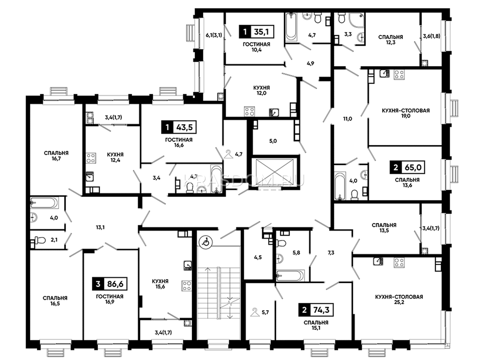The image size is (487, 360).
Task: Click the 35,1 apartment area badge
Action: [257, 32]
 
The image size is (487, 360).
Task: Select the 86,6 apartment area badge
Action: [110, 284]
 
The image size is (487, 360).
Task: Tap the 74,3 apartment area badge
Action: [316, 310]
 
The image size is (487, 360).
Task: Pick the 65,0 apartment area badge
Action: [407, 168]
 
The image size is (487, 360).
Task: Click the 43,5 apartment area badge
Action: [179, 127]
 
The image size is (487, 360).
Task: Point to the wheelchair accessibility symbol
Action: [206, 242]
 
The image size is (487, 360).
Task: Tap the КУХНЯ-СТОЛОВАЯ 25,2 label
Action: [399, 299]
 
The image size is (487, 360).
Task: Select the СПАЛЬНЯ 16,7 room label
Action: [56, 156]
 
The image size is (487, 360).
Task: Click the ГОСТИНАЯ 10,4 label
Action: [257, 47]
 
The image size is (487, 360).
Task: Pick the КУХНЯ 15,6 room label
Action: [160, 284]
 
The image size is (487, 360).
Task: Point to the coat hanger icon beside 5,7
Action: [254, 312]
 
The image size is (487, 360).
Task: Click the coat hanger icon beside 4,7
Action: [228, 154]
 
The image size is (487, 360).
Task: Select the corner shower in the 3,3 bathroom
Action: [357, 20]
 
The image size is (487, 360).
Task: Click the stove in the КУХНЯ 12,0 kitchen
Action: [249, 111]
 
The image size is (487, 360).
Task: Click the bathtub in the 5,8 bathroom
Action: [290, 275]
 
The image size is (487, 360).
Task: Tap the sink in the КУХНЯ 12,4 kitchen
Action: [89, 176]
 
